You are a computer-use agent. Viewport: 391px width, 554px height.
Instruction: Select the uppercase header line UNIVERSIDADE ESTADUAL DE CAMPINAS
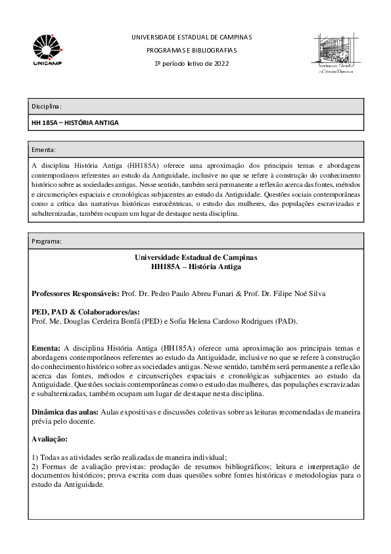[191, 37]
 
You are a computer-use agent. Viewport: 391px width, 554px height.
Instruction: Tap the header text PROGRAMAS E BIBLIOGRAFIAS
[191, 50]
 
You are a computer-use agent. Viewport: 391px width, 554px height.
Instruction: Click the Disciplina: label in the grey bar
[47, 106]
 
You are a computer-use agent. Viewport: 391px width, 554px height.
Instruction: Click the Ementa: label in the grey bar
[44, 149]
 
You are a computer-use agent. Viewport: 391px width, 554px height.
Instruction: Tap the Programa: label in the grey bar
[47, 241]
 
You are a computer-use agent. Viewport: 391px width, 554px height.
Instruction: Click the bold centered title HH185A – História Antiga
[196, 266]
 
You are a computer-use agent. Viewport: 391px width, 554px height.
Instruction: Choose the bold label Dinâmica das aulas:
[65, 411]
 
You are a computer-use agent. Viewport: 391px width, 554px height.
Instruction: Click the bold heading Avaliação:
[49, 438]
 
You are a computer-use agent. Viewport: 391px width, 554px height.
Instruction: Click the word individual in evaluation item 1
[210, 457]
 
